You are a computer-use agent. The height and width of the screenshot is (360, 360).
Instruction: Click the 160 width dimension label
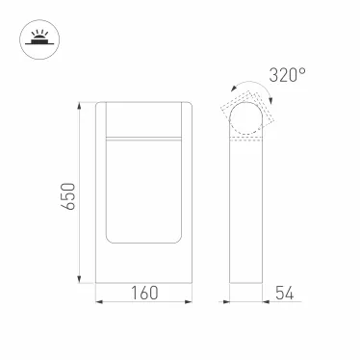click(x=144, y=292)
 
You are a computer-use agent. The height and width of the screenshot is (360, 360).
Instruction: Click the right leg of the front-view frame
click(x=191, y=193)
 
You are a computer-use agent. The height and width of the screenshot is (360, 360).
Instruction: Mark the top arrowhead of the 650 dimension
click(x=77, y=102)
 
